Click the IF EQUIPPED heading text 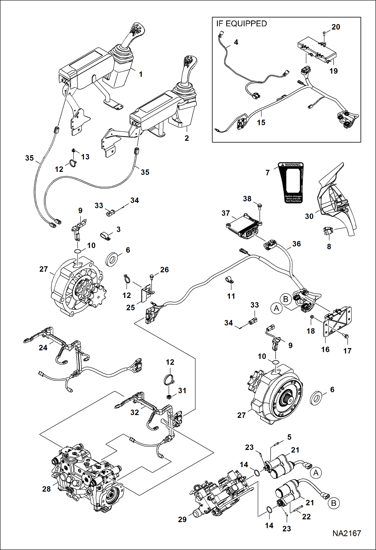(241, 24)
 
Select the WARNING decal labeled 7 (291, 182)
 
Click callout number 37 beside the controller (225, 213)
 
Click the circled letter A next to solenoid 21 (316, 473)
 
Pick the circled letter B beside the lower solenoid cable (334, 503)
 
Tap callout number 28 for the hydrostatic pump (46, 489)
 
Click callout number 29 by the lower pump (182, 519)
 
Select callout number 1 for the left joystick (141, 74)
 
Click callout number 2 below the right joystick (186, 138)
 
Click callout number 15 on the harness (261, 122)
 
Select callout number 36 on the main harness (296, 244)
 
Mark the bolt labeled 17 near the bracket (346, 336)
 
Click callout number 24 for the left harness (43, 348)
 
